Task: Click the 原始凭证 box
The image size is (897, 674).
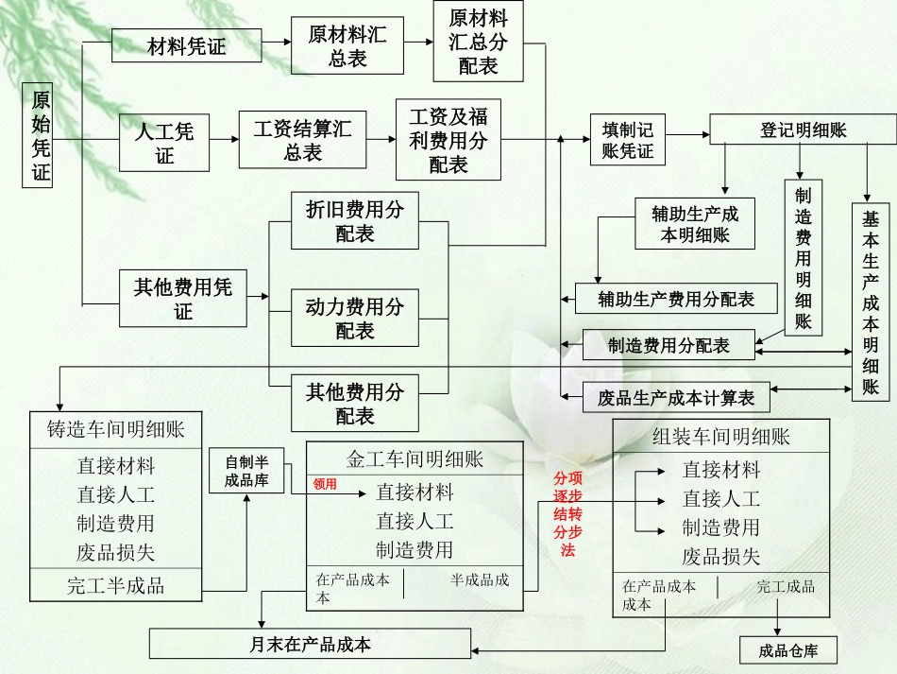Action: point(38,135)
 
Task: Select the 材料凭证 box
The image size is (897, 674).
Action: point(186,45)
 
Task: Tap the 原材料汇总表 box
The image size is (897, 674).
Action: point(347,46)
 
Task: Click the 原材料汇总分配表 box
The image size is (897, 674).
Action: point(478,43)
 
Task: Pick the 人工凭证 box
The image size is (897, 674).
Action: point(164,143)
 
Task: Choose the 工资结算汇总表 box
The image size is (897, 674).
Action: point(301,140)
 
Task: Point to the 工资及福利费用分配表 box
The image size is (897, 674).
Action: point(448,140)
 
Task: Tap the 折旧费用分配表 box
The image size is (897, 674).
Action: point(354,220)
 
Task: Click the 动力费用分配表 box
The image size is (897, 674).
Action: point(354,318)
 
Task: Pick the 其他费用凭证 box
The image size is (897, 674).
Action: point(182,297)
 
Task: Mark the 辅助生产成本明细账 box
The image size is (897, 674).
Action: point(695,224)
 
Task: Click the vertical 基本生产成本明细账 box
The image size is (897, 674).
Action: point(870,302)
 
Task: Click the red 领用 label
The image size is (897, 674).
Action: point(325,483)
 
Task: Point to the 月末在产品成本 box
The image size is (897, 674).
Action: point(310,645)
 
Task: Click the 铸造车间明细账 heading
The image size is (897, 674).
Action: point(116,429)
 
